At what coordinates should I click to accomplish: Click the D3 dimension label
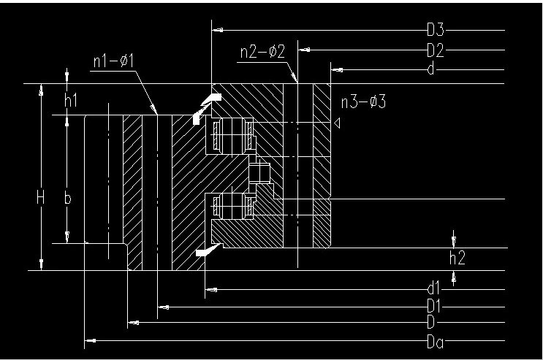tap(436, 31)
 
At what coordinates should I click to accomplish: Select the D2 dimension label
tap(436, 50)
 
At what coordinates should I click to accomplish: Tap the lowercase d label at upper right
tap(432, 70)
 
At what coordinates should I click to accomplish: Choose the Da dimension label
tap(436, 341)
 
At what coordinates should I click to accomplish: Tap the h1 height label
tap(71, 102)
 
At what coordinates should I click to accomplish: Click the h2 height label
tap(457, 257)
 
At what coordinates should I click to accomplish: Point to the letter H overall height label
tap(40, 197)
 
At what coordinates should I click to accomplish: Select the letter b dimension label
tap(68, 199)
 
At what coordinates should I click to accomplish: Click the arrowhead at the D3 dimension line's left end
tap(216, 31)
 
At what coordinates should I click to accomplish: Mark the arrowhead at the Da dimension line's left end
tap(90, 341)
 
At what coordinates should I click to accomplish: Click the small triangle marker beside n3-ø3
tap(337, 125)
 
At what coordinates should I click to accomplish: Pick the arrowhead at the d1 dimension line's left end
tap(211, 290)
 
